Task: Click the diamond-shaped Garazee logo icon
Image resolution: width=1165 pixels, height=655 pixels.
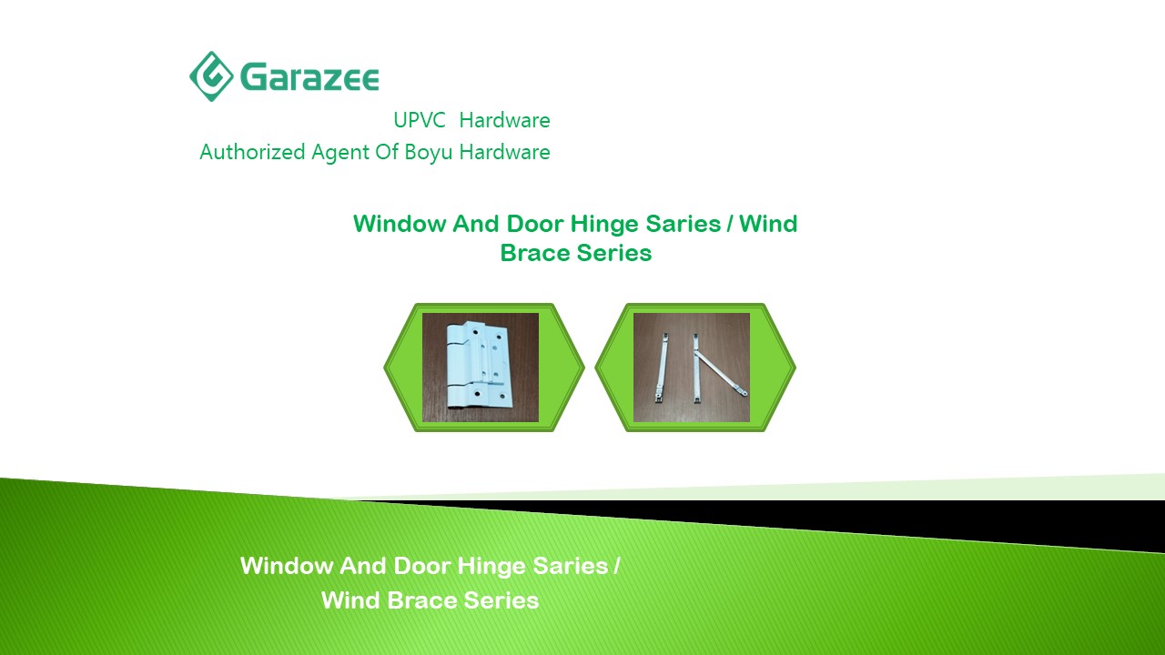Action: pyautogui.click(x=211, y=76)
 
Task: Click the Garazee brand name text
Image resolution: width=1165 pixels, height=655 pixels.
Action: pyautogui.click(x=309, y=77)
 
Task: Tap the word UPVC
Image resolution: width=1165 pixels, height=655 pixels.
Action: pyautogui.click(x=420, y=120)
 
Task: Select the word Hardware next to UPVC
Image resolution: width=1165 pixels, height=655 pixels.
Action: pyautogui.click(x=504, y=120)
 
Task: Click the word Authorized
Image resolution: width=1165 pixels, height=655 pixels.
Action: pyautogui.click(x=252, y=152)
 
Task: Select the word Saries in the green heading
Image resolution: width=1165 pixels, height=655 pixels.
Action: pyautogui.click(x=683, y=224)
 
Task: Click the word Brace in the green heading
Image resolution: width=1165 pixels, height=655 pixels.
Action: pyautogui.click(x=535, y=253)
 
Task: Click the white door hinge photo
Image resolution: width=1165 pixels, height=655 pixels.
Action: pyautogui.click(x=481, y=367)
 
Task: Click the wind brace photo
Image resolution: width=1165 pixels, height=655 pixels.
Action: pyautogui.click(x=692, y=367)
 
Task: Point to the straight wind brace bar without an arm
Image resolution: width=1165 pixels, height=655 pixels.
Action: pyautogui.click(x=662, y=368)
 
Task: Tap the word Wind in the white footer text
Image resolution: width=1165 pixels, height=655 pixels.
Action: pyautogui.click(x=350, y=600)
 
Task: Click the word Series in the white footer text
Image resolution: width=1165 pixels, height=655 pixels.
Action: pyautogui.click(x=501, y=600)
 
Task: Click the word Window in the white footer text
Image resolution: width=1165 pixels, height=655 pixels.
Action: pyautogui.click(x=287, y=566)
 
